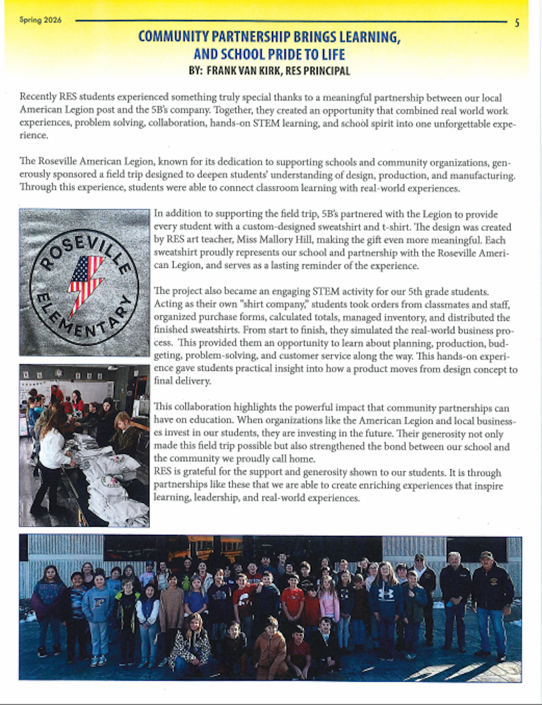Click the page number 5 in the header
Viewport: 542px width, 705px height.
pos(517,23)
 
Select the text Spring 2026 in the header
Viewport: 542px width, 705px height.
pos(40,20)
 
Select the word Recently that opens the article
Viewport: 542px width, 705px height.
pos(38,98)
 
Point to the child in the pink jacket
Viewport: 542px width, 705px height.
pos(328,601)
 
